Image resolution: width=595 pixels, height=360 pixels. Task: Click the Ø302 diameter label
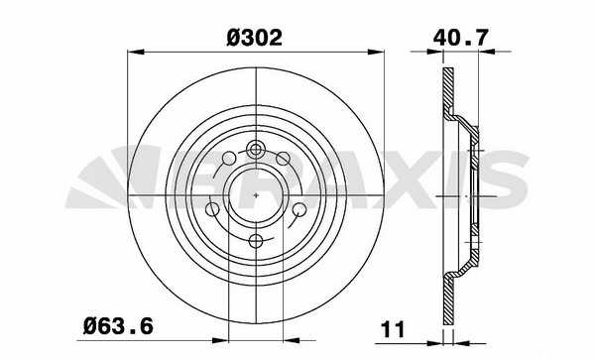[x=254, y=38]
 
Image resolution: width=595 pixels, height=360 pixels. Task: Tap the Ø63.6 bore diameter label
[x=118, y=326]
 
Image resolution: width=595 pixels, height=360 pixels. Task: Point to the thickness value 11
[x=393, y=329]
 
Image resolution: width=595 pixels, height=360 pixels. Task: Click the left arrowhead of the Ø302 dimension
[x=136, y=52]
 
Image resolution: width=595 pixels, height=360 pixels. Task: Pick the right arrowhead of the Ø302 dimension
[x=376, y=52]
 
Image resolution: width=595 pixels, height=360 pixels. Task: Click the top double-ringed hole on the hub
[x=256, y=150]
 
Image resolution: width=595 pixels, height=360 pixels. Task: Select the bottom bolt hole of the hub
[x=256, y=241]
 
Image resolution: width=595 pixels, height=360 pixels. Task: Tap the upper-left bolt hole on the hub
[x=229, y=159]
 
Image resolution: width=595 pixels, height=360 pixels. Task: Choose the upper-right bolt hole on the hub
[x=283, y=159]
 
